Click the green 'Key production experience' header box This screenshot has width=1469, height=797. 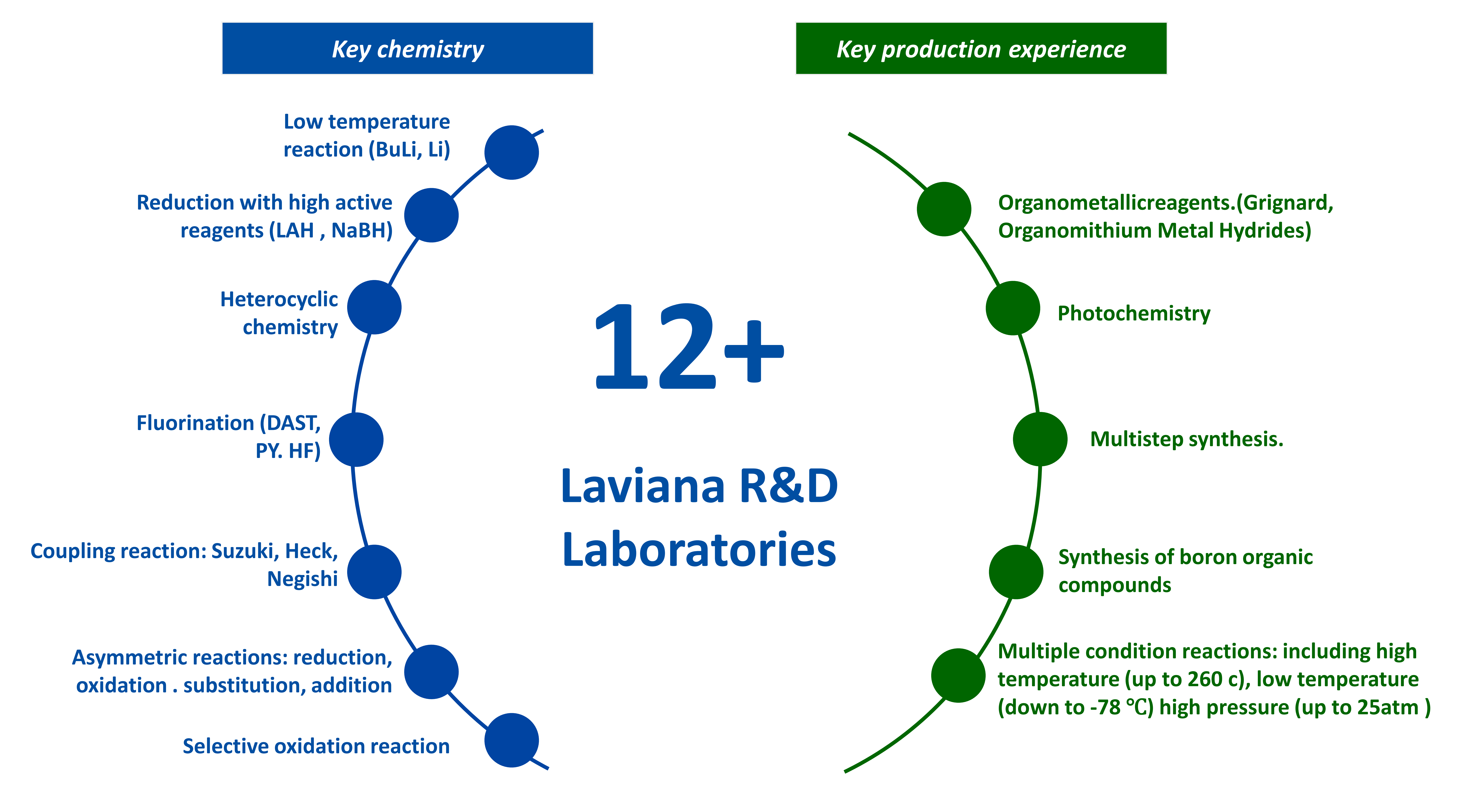coord(981,48)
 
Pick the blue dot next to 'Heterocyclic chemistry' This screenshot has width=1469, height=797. coord(374,307)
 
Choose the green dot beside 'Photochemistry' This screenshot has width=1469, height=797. coord(1013,308)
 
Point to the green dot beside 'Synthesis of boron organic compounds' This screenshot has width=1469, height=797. coord(1016,572)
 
